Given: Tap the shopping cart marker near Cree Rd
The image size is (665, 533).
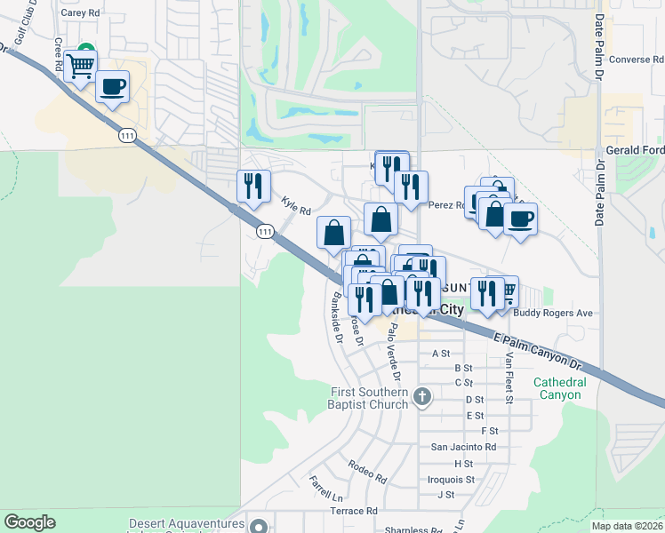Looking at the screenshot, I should click(x=81, y=65).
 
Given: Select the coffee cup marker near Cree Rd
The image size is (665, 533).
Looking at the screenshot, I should click(x=112, y=88).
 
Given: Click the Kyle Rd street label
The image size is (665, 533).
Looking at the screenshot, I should click(x=296, y=206).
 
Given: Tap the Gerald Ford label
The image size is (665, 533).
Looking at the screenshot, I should click(x=634, y=150).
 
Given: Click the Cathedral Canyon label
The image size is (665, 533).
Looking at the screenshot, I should click(x=560, y=388).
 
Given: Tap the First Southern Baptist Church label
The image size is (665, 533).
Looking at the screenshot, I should click(x=369, y=398).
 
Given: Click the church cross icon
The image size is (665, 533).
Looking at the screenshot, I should click(x=422, y=396).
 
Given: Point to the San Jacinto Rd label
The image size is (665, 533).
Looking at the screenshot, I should click(x=463, y=447).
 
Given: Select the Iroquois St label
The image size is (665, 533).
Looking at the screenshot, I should click(x=452, y=479).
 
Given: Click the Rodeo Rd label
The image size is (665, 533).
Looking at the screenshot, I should click(x=367, y=471).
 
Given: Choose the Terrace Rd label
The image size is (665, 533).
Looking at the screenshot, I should click(x=353, y=512).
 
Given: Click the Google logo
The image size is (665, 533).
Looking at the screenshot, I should click(x=30, y=522).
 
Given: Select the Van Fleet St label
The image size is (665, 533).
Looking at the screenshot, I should click(x=509, y=378).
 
